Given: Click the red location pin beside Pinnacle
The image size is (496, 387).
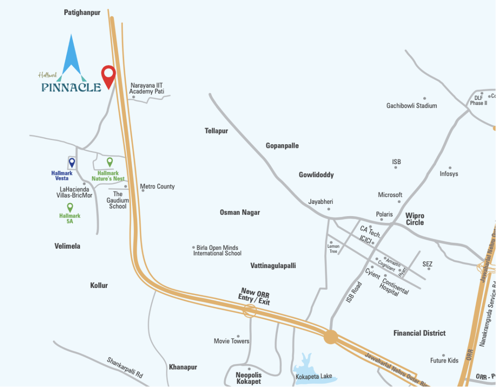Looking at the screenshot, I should pos(108,75).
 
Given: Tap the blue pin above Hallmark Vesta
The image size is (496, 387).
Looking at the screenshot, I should pos(72,162).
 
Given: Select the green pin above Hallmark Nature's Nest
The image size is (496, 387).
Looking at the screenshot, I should pos(110,161).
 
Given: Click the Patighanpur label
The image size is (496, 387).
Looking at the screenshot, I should pos(82,13).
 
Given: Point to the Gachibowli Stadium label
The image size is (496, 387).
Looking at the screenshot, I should pos(411,106).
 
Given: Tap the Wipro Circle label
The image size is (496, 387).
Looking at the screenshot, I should pos(415,219).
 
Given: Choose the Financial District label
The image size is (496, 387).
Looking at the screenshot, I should pos(419,333).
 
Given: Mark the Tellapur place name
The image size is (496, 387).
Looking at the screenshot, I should pos(216,131).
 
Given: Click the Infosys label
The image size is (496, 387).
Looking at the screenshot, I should pos(449,174).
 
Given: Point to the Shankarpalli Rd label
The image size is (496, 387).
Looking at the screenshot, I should pos(125,368).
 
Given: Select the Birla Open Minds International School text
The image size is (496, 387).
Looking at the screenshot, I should pos(217,250).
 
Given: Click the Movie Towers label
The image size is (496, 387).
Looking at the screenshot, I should pos(231,341).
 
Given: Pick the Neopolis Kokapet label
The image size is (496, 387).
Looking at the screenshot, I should pos(248,378).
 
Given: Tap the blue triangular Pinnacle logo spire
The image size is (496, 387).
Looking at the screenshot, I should pos(71,54).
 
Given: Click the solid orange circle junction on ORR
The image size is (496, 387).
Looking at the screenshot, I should pos(331,337).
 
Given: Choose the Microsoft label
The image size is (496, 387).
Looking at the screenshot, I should pos(390,195).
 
